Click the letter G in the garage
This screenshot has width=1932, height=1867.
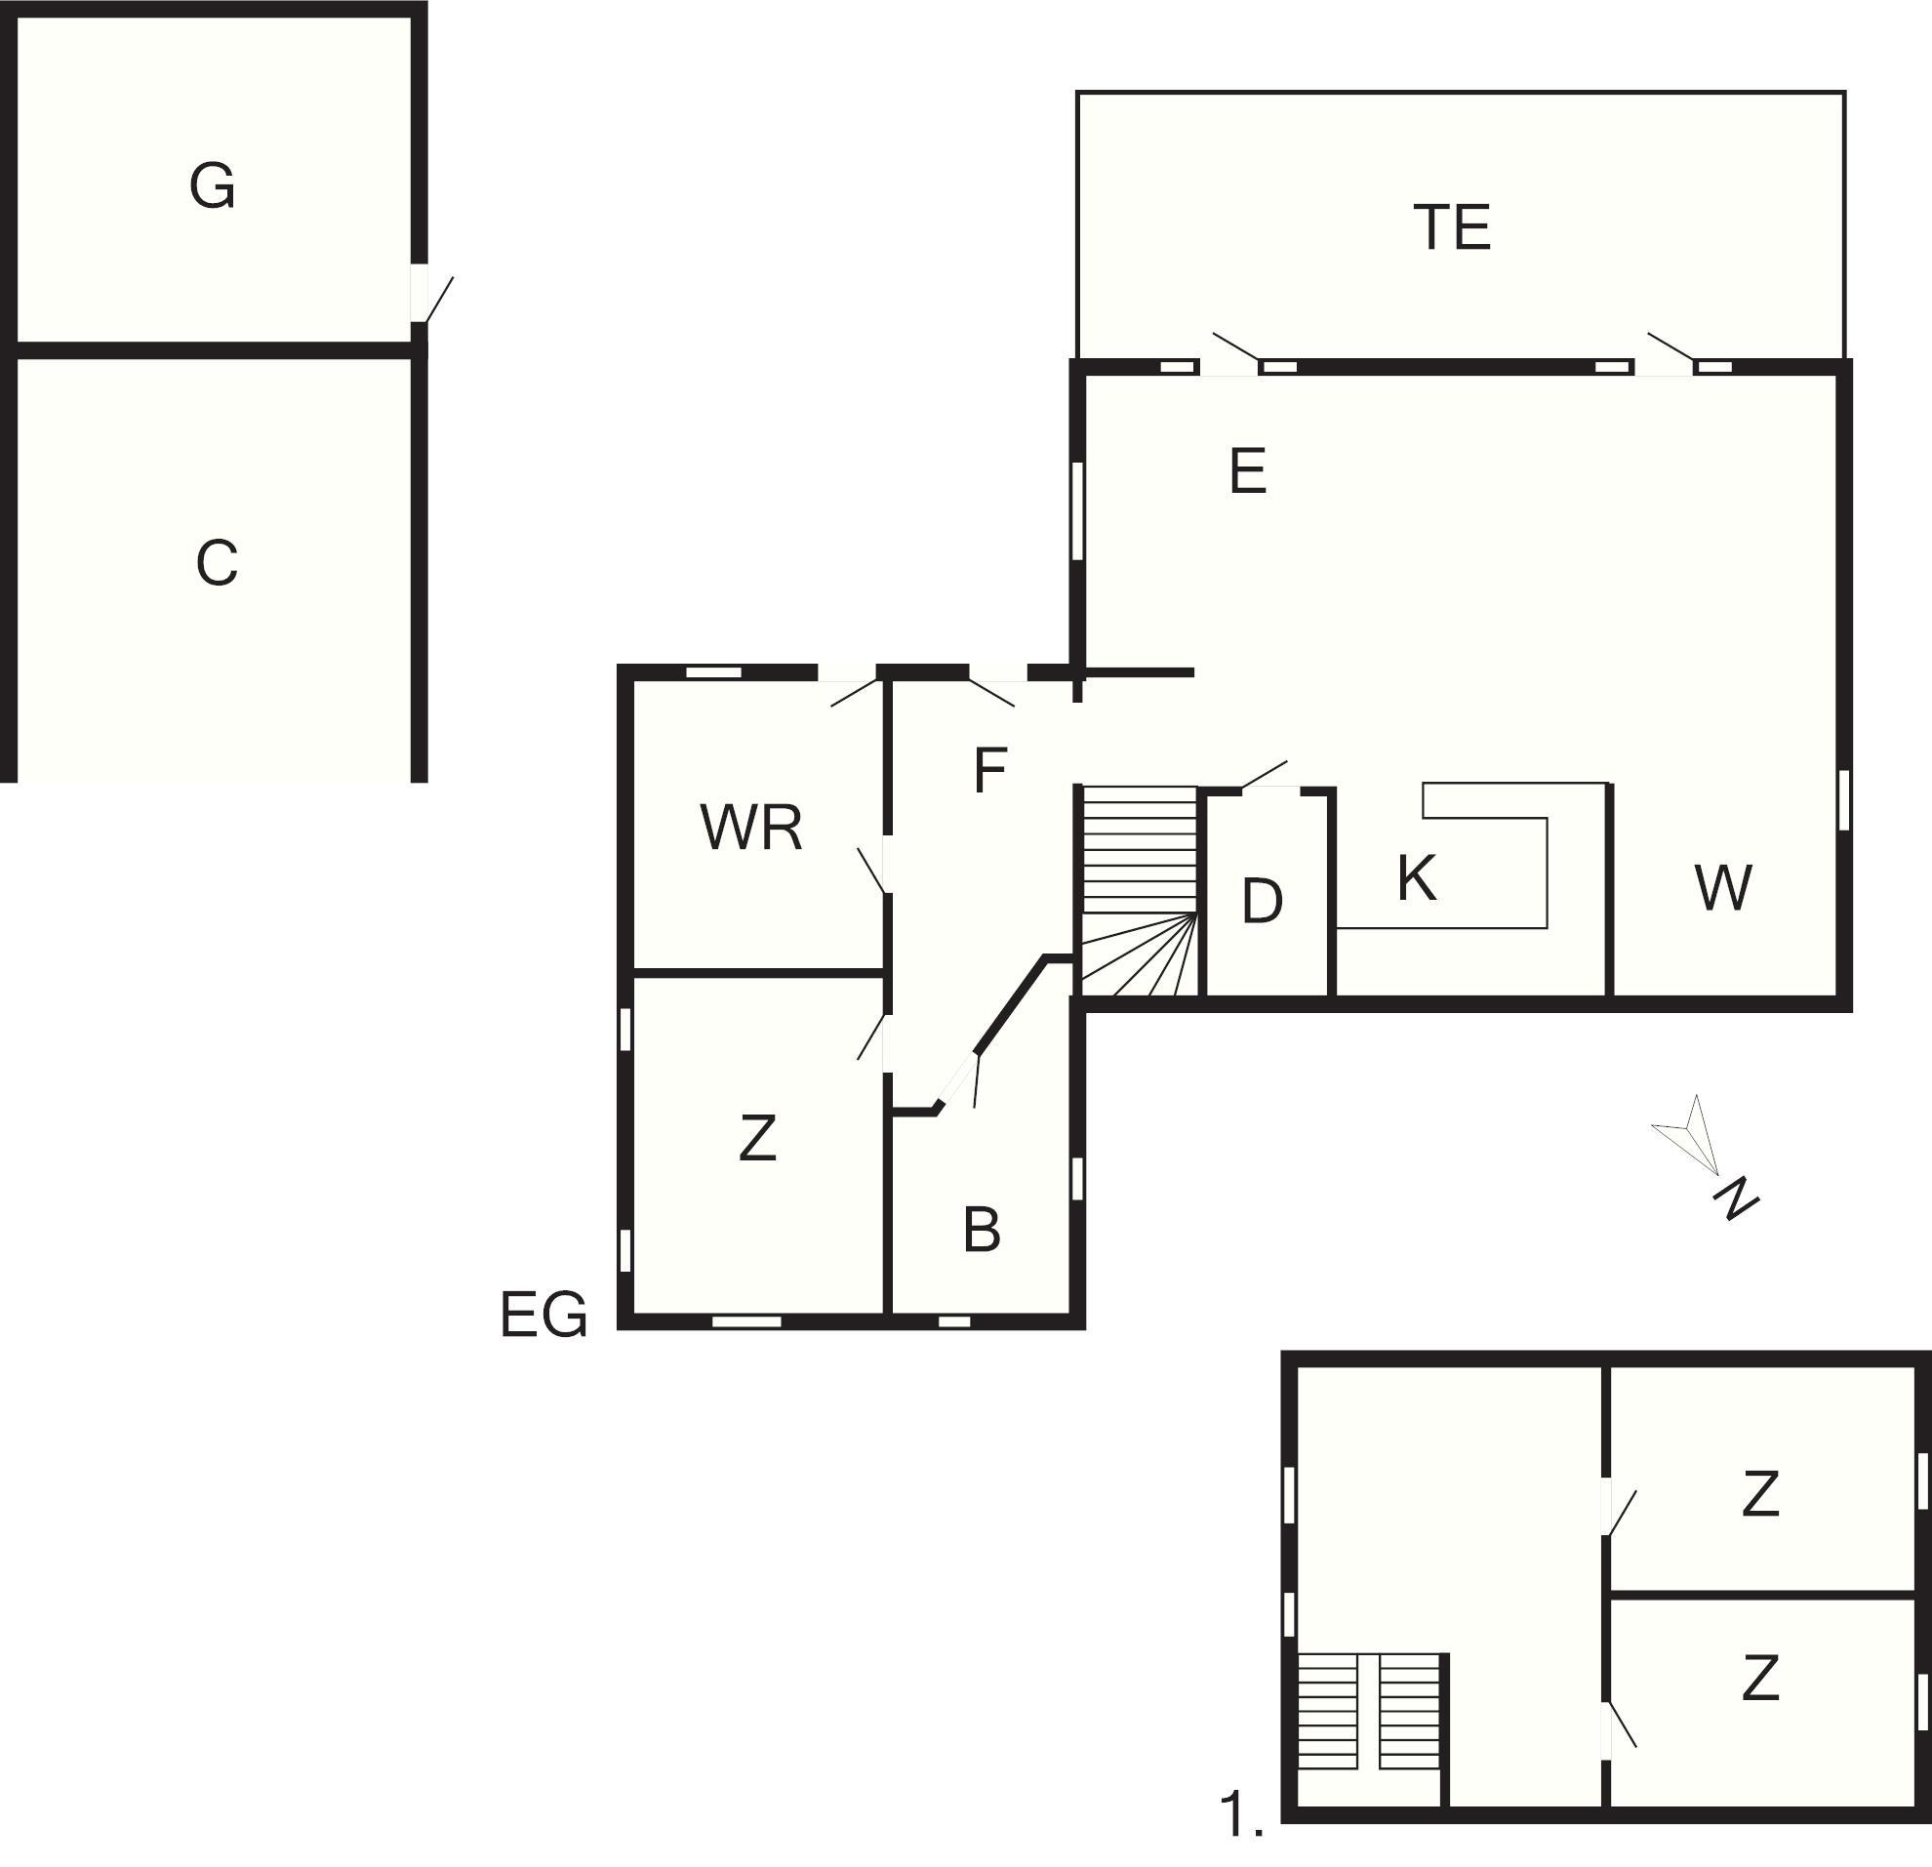point(212,186)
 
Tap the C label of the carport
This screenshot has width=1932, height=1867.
point(217,564)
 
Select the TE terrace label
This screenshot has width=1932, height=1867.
point(1451,226)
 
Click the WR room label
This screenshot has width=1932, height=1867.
point(751,827)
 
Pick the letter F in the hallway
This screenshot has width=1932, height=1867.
point(989,770)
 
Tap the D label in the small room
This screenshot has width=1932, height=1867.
point(1263,900)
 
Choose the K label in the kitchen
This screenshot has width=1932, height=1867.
point(1417,877)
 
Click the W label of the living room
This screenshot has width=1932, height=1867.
point(1723,887)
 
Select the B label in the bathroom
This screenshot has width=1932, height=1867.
point(982,1230)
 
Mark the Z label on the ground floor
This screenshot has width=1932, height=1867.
point(757,1138)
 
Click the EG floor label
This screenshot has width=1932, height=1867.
point(543,1314)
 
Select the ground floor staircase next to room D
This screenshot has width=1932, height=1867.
point(1140,890)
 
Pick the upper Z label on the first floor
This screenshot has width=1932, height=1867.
point(1760,1493)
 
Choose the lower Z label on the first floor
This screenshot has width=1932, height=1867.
point(1760,1679)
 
